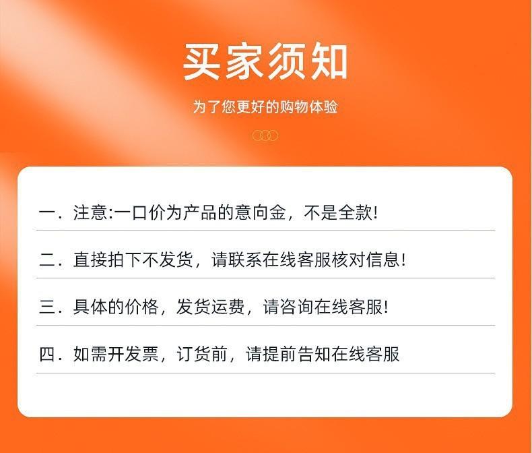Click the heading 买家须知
click(x=265, y=62)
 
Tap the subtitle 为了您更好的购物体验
click(x=265, y=107)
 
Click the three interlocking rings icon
click(x=265, y=135)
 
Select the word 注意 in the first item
click(x=90, y=213)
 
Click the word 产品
click(x=200, y=213)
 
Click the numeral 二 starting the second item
click(x=48, y=260)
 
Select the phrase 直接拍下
click(x=108, y=260)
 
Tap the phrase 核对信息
click(x=366, y=260)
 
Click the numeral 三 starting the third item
click(x=48, y=307)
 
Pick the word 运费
click(x=228, y=307)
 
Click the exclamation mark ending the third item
click(x=386, y=307)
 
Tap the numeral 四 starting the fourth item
click(x=48, y=354)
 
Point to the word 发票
click(x=142, y=354)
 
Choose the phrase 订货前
click(x=202, y=354)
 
